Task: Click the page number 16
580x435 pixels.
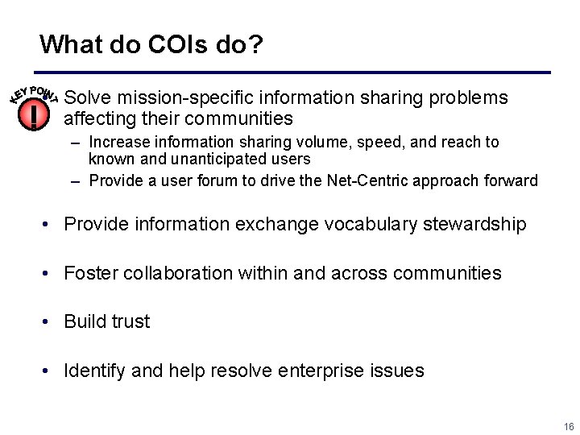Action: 569,426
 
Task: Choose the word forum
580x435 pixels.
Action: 234,180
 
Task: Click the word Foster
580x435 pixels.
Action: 90,273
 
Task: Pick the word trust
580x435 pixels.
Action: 130,321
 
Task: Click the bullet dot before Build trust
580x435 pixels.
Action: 49,322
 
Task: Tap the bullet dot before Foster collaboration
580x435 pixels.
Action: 49,274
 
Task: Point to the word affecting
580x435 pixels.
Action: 101,119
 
